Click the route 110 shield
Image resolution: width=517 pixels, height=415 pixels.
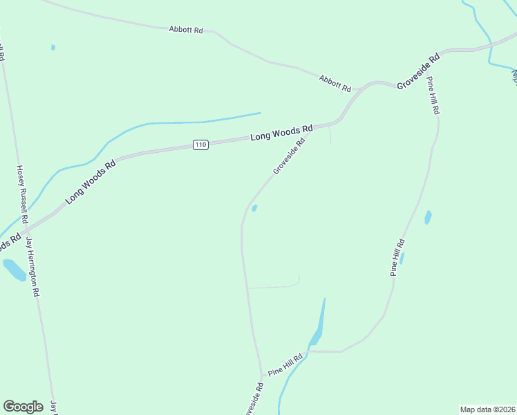(200, 145)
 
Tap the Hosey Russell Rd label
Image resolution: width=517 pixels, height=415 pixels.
(22, 193)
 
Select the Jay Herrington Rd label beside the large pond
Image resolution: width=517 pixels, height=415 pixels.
(32, 266)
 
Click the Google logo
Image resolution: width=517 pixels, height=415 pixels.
(23, 407)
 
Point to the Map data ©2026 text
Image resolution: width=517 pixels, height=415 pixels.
(487, 409)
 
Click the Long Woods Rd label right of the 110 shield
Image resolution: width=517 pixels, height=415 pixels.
(281, 132)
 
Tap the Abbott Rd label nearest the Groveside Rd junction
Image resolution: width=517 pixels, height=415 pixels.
(335, 84)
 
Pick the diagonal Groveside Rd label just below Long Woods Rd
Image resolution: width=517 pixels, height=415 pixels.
(289, 157)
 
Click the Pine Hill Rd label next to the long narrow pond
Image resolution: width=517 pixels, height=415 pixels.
(397, 257)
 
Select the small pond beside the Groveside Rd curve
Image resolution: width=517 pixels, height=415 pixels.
(254, 208)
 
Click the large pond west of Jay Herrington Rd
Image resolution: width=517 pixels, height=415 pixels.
(14, 269)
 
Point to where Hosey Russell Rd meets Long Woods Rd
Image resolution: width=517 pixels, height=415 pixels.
(28, 223)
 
